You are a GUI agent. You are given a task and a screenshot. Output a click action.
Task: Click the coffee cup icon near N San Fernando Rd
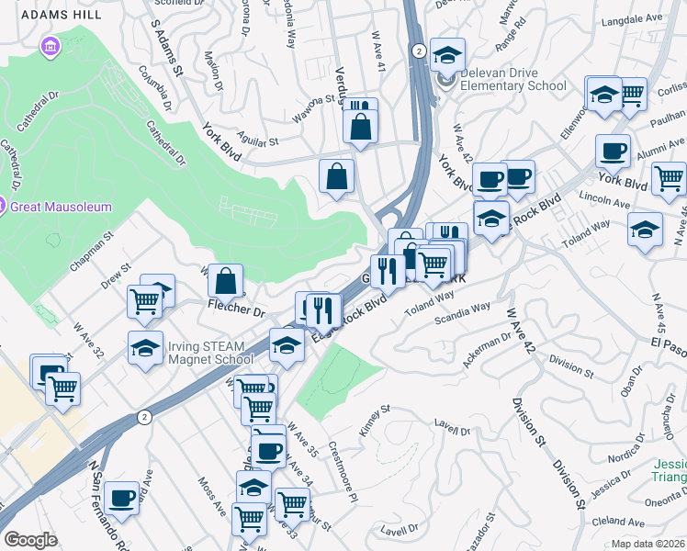pyautogui.click(x=119, y=499)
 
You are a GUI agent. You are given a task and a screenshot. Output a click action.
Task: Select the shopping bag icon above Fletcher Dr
pyautogui.click(x=225, y=280)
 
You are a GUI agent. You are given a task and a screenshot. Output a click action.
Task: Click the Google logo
pyautogui.click(x=30, y=540)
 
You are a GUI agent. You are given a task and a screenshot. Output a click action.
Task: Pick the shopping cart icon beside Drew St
pyautogui.click(x=144, y=299)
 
